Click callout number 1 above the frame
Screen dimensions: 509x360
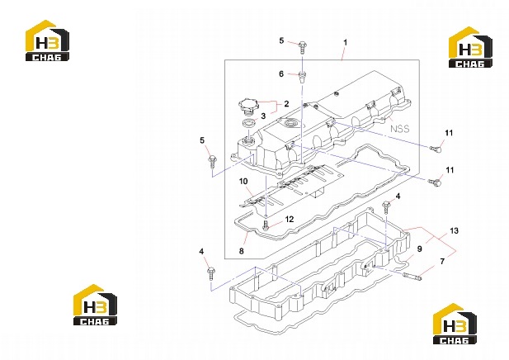coord(346,43)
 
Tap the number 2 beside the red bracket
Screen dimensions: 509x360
coord(286,104)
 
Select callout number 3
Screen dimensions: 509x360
coord(263,116)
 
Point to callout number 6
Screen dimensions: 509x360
coord(281,74)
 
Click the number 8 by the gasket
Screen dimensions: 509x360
coord(242,251)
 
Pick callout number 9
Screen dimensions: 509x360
coord(419,249)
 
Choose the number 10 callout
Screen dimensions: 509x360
coord(243,182)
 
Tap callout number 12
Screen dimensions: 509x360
coord(290,220)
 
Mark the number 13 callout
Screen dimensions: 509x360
coord(454,230)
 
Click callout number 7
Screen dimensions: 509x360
coord(442,261)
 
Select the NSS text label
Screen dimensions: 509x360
coord(399,129)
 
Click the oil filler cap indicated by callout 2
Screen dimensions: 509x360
coord(248,106)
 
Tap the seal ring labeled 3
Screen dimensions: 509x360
coord(249,123)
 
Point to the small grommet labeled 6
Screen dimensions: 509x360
coord(302,78)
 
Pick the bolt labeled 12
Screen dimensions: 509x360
coord(266,225)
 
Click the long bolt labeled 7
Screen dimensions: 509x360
coord(412,277)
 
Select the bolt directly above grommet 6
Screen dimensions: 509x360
coord(302,47)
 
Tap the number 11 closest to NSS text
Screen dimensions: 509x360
coord(449,133)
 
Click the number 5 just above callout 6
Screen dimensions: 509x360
coord(281,41)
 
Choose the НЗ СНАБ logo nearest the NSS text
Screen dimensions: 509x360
coord(470,47)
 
